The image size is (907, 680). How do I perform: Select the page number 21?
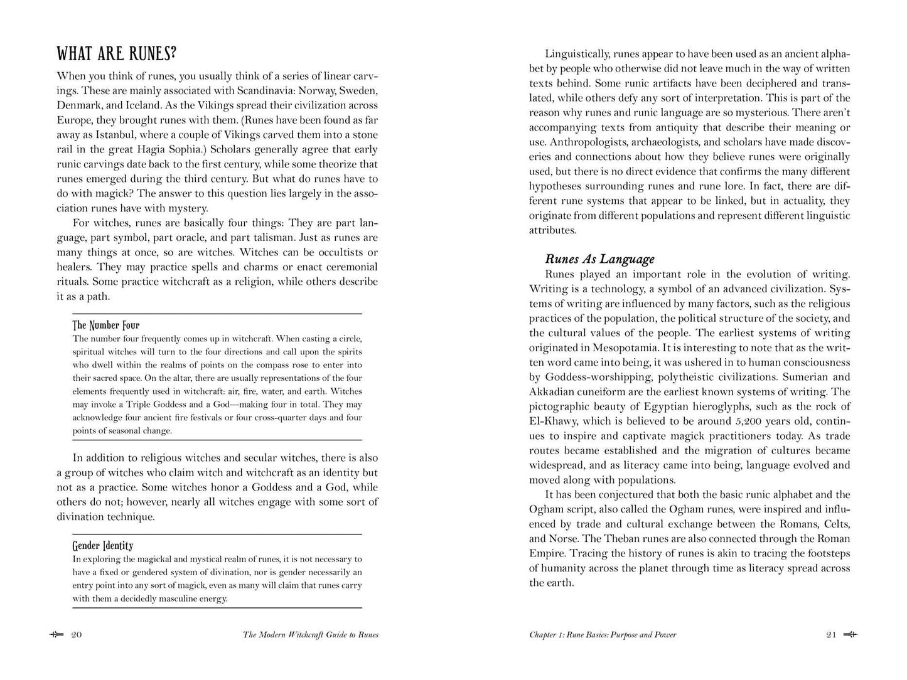point(831,635)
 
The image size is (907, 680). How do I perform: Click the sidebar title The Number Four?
point(106,325)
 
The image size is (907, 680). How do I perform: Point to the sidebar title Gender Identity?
point(103,545)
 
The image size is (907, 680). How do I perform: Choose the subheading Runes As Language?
point(599,259)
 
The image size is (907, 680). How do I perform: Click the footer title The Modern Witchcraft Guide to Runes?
point(311,635)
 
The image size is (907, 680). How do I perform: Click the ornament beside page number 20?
point(56,635)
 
